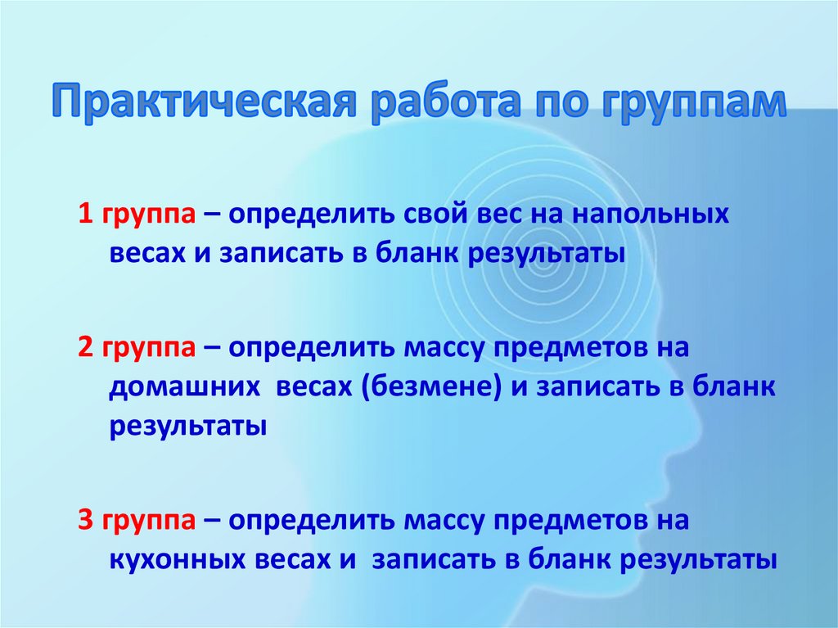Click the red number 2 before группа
click(85, 347)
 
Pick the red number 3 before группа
click(85, 520)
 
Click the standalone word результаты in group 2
click(187, 427)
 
